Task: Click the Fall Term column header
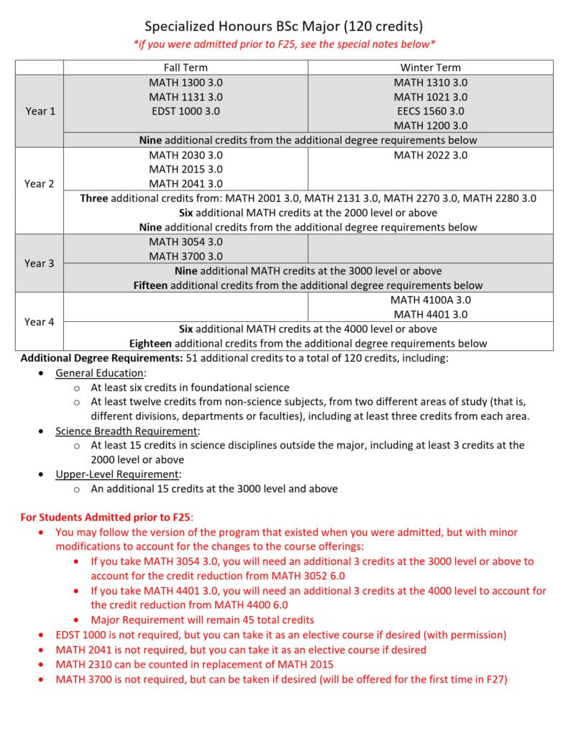[x=186, y=68]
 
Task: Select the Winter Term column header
[x=430, y=68]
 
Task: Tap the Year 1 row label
[x=40, y=111]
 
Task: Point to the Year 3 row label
[x=40, y=263]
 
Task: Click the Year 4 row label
[x=40, y=321]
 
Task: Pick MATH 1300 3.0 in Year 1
[x=186, y=82]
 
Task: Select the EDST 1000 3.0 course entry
[x=186, y=111]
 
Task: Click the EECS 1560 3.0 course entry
[x=430, y=111]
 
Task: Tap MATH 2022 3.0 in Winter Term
[x=430, y=155]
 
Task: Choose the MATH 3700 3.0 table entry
[x=186, y=256]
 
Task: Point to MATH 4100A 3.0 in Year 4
[x=430, y=300]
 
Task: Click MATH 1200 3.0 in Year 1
[x=430, y=125]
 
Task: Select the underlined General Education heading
[x=100, y=372]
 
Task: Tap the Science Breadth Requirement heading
[x=127, y=431]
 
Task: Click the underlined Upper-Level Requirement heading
[x=116, y=474]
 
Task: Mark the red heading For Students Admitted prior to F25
[x=106, y=517]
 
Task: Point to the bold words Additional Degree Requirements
[x=101, y=358]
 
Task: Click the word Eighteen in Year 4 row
[x=152, y=343]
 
